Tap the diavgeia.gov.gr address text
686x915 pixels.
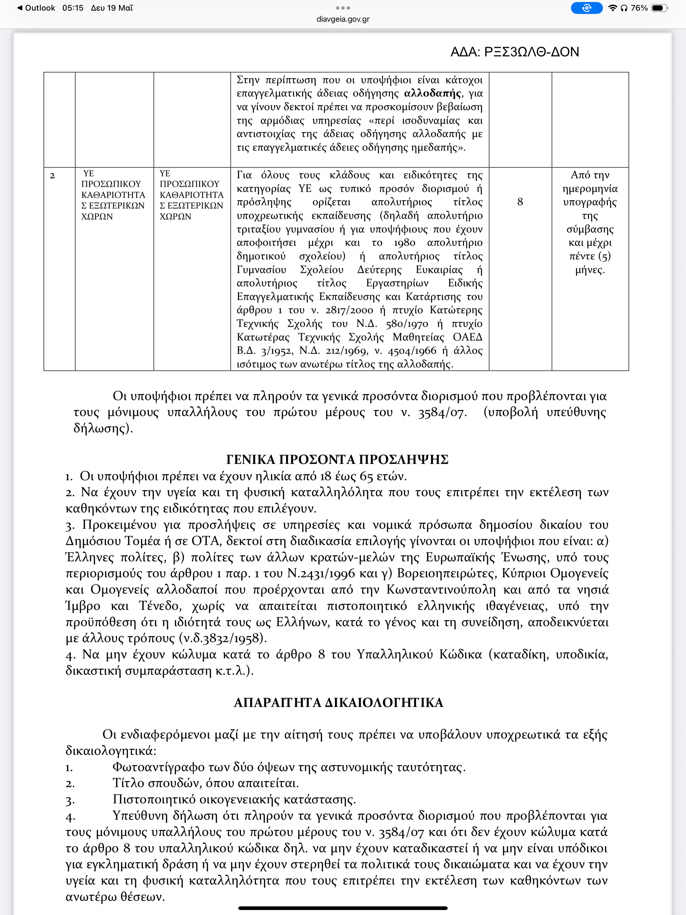point(343,19)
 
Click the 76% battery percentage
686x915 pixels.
point(639,8)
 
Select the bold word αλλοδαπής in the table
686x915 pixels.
point(432,93)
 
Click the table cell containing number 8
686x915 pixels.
point(520,202)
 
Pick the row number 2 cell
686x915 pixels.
point(53,176)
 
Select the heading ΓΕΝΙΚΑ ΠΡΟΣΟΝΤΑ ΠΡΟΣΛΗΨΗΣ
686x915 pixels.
point(337,459)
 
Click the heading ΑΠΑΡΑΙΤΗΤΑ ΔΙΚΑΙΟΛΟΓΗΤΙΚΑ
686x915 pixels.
point(338,703)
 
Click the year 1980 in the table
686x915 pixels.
point(404,243)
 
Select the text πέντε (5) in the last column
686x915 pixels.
point(590,256)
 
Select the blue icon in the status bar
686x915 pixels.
point(586,8)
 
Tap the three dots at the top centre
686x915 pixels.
point(343,8)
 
